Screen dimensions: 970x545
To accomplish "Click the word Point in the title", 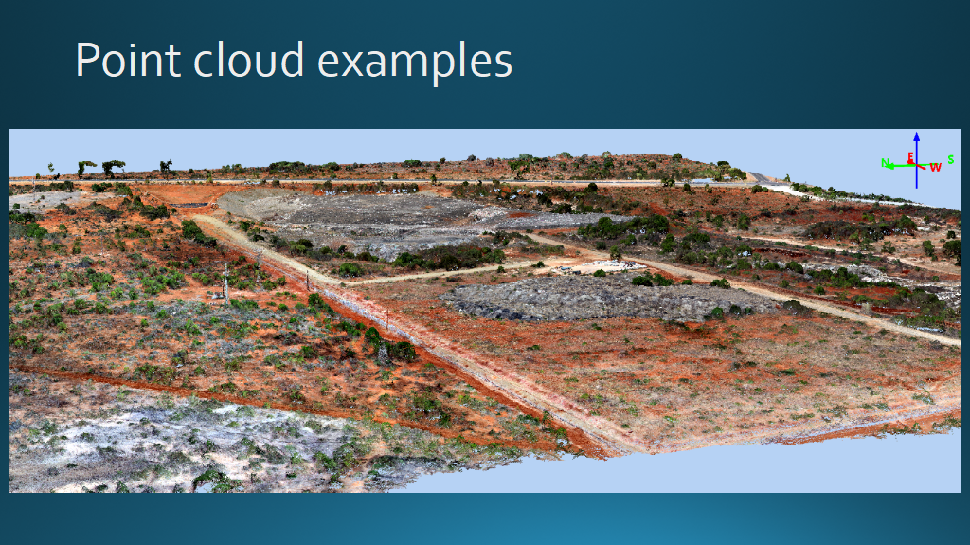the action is pyautogui.click(x=128, y=60).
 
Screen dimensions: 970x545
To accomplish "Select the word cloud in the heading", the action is pyautogui.click(x=249, y=60).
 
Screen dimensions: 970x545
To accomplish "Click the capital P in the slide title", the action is pyautogui.click(x=86, y=60).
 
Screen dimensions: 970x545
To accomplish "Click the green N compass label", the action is pyautogui.click(x=886, y=163).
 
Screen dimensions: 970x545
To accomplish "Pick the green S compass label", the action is pyautogui.click(x=951, y=160).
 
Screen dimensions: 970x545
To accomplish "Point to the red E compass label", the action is pyautogui.click(x=910, y=158).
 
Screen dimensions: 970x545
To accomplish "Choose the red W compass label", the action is pyautogui.click(x=935, y=167).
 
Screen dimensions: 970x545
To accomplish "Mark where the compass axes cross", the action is pyautogui.click(x=917, y=165).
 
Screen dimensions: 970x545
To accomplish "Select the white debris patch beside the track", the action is pyautogui.click(x=605, y=267).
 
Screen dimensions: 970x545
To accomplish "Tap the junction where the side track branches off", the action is pyautogui.click(x=342, y=282).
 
